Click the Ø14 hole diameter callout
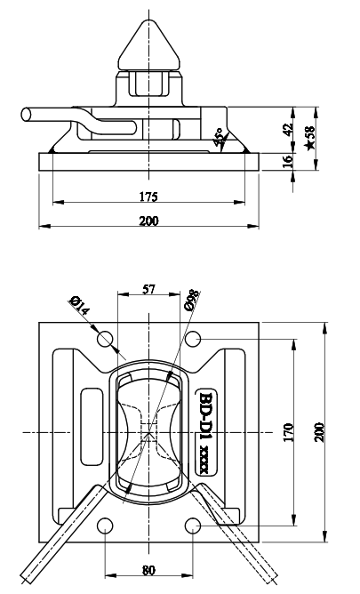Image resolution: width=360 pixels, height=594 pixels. tap(79, 308)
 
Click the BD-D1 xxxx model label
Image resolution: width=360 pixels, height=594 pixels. tap(205, 432)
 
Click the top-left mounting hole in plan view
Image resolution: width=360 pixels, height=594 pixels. tap(106, 338)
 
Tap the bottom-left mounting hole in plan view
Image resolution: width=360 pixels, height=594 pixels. tap(106, 526)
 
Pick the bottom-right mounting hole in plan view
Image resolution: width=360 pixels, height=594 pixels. tap(192, 526)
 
